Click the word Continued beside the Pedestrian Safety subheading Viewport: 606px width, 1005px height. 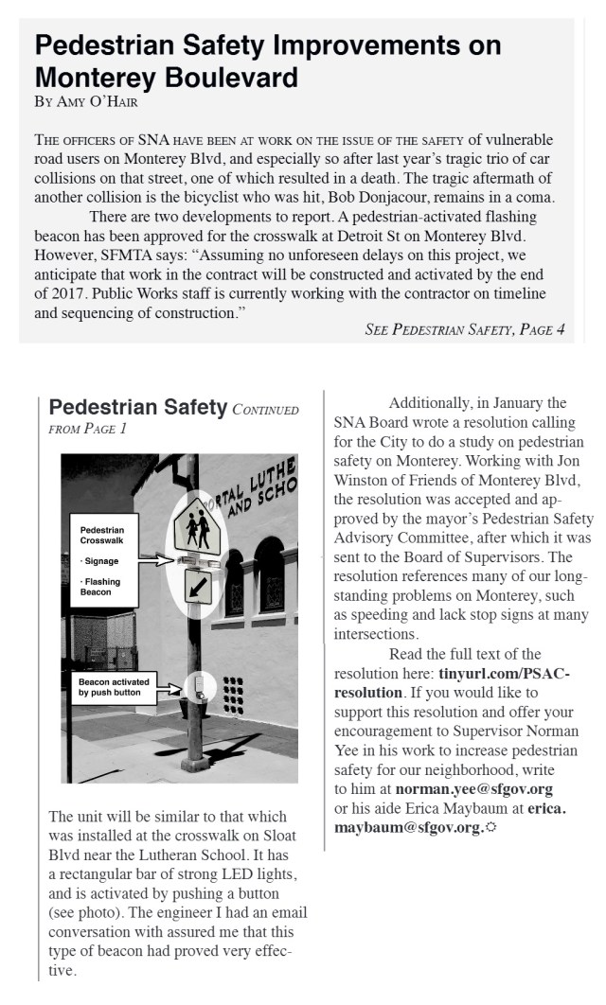pos(266,411)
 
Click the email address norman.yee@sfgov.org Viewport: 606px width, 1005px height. pos(473,787)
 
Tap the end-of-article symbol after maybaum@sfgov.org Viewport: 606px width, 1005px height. pos(490,827)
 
